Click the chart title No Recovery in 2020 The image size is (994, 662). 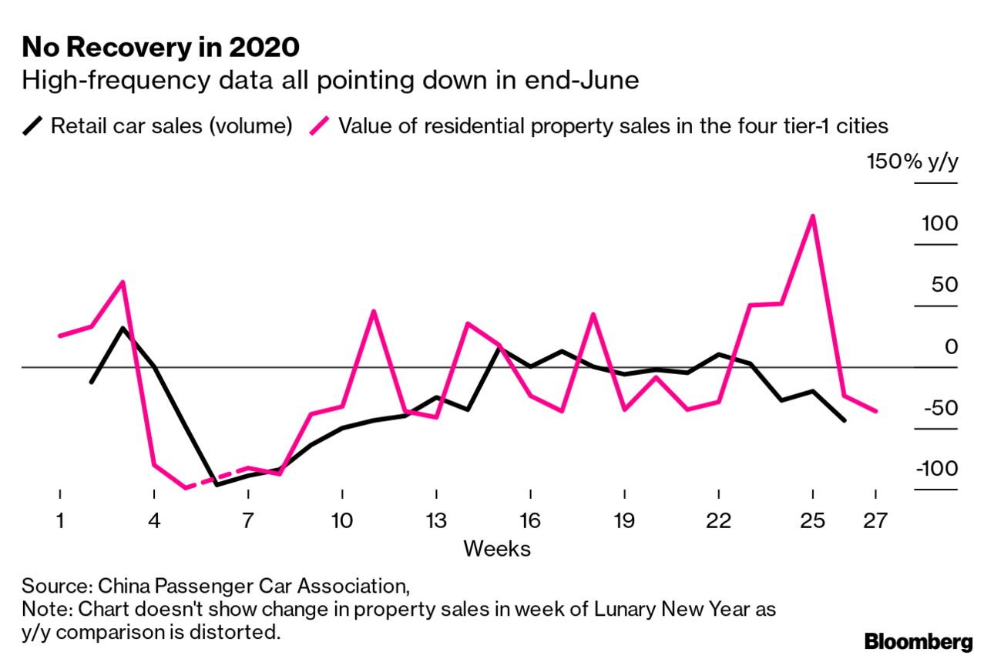coord(160,48)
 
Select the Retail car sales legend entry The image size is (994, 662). coord(171,125)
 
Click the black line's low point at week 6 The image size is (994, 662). coord(217,485)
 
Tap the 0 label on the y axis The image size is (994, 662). coord(952,346)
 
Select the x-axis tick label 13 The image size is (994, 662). coord(436,521)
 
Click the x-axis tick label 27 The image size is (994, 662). coord(875,521)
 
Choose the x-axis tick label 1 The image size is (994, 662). coord(59,521)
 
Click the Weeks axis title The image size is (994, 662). coord(496,549)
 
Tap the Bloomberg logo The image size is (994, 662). coord(918,641)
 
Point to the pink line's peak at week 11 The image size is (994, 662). coord(374,311)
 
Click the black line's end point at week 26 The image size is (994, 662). coord(845,420)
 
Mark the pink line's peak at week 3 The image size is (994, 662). coord(123,282)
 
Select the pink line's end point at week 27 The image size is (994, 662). coord(876,411)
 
